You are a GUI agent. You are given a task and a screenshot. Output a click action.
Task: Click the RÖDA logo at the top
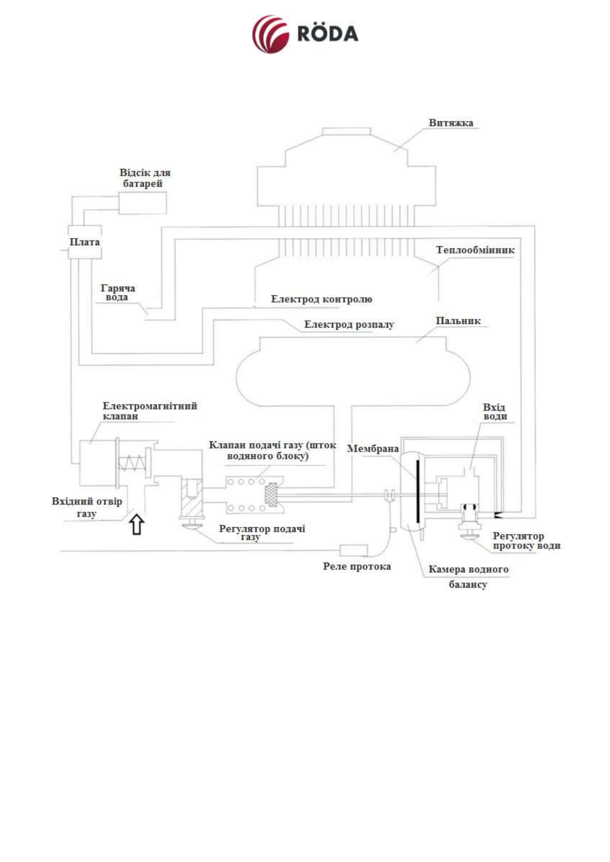click(x=305, y=34)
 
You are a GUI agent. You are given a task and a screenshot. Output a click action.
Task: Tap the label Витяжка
click(x=451, y=123)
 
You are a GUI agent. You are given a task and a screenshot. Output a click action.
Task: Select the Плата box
click(x=85, y=242)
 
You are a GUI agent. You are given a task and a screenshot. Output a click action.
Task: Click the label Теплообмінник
click(x=475, y=250)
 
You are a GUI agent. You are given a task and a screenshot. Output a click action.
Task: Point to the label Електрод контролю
click(x=321, y=299)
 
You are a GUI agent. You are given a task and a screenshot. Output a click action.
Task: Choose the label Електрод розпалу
click(x=349, y=325)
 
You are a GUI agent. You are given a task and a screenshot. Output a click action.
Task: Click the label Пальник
click(x=458, y=321)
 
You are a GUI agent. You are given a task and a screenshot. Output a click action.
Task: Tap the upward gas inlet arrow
click(x=136, y=525)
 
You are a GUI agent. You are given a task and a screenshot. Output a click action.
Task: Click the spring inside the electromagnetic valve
click(x=132, y=463)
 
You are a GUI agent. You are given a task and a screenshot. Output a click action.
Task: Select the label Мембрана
click(x=372, y=449)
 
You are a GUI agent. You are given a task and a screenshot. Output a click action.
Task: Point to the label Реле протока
click(x=356, y=567)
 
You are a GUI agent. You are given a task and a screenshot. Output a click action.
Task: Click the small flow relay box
click(x=353, y=551)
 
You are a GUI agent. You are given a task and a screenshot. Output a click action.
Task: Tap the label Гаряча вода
click(x=117, y=293)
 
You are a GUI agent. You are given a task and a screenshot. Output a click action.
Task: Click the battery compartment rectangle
click(x=142, y=203)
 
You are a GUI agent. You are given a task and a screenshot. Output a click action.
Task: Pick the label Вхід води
click(x=494, y=412)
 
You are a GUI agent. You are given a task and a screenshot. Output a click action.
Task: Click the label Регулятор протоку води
click(x=526, y=541)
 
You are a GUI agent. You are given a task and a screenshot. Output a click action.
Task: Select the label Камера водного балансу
click(x=468, y=576)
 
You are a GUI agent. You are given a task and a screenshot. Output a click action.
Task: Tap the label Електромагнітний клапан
click(x=149, y=411)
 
